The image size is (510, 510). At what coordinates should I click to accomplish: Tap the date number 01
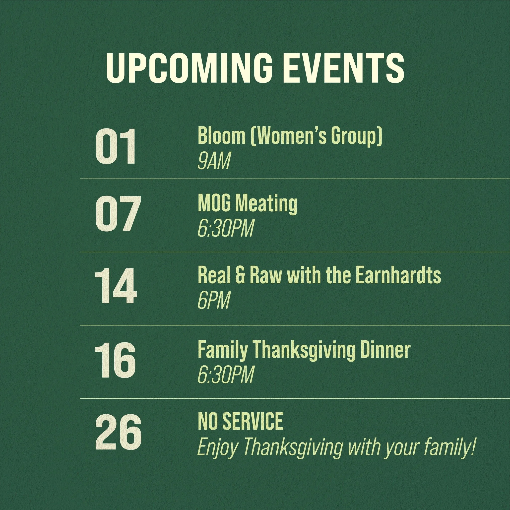pos(116,147)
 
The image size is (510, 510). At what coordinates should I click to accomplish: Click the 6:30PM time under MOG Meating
pos(226,229)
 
